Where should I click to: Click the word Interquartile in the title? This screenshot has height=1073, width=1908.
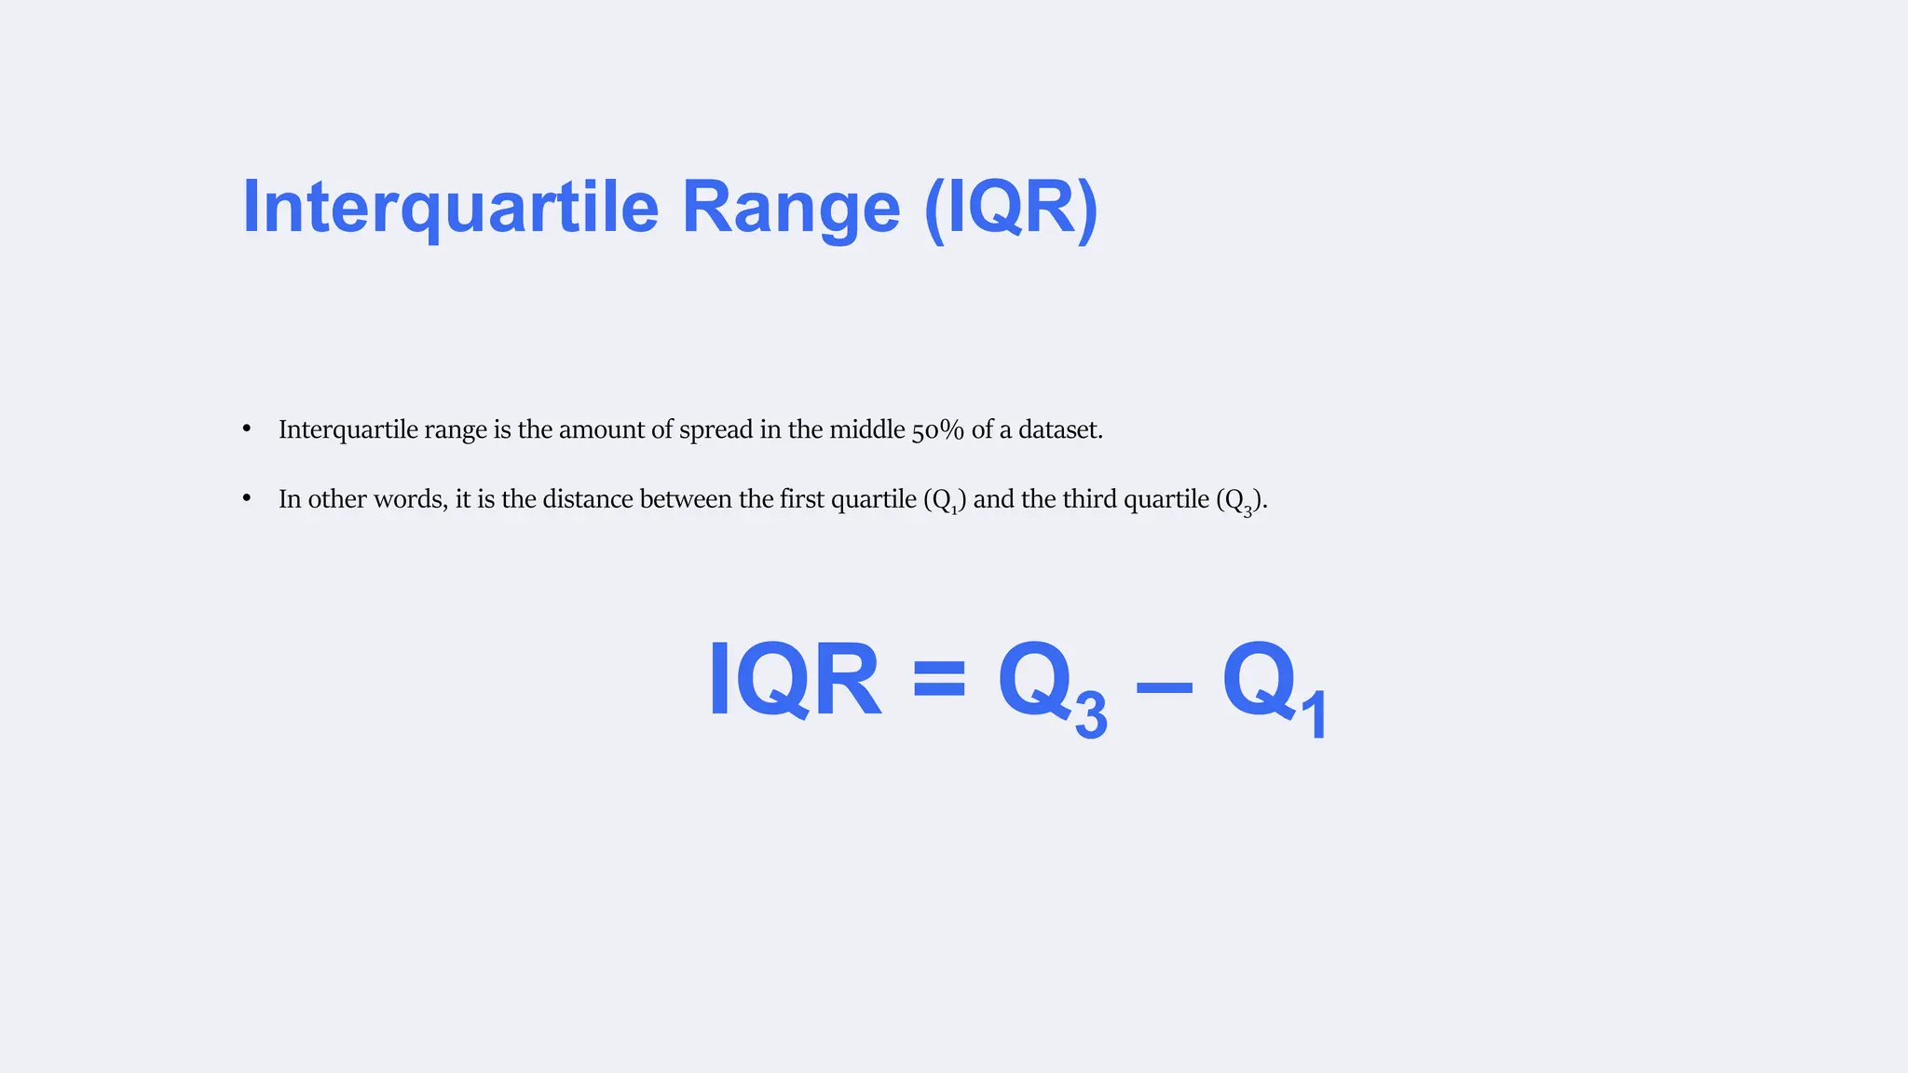coord(451,207)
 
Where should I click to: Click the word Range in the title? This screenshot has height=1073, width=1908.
coord(791,207)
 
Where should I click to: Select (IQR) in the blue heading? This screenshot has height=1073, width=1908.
coord(1012,207)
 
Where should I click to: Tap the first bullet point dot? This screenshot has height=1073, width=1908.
coord(247,428)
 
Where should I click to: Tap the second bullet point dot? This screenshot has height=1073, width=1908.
coord(247,498)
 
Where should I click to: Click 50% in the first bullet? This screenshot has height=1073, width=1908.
coord(937,429)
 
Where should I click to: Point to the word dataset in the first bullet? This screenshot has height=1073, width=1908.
coord(1059,429)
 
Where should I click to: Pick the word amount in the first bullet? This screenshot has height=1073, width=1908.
coord(601,429)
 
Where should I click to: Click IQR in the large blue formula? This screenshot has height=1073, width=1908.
coord(794,680)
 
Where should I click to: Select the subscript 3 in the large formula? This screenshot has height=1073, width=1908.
coord(1091,715)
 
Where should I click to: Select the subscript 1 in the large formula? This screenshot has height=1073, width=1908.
coord(1314,715)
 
